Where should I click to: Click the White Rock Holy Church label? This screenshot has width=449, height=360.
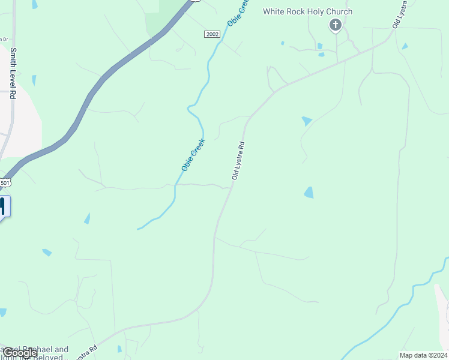point(307,11)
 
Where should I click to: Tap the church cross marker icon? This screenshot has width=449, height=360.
point(336,25)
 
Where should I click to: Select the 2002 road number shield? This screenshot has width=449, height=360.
point(212,34)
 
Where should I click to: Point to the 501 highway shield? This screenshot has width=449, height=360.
point(5,182)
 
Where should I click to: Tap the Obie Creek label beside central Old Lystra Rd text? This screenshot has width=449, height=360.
point(193,154)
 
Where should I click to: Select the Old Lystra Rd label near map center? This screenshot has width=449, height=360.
point(238,161)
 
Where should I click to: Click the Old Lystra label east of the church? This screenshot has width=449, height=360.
point(397,14)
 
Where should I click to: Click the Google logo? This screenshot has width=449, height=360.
point(19,353)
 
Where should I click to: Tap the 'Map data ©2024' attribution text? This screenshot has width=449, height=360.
point(423,355)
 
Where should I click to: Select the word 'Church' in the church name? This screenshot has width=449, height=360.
point(339,11)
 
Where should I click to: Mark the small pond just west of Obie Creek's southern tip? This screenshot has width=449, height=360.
point(87,218)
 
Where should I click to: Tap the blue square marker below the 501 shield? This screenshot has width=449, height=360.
point(2,206)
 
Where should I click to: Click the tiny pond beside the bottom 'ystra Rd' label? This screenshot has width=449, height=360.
point(119,349)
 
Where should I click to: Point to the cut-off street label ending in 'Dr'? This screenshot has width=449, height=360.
point(4,39)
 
